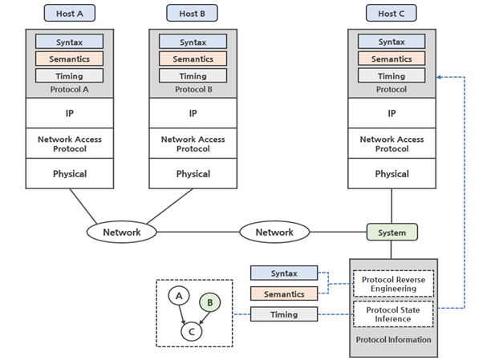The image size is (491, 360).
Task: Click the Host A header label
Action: (x=70, y=13)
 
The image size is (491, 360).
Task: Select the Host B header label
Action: (x=193, y=13)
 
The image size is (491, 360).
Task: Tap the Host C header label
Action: (x=392, y=13)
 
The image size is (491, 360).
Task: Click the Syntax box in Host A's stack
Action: (x=70, y=42)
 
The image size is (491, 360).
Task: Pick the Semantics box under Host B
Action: (x=193, y=59)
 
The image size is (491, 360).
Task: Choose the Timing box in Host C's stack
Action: (x=392, y=75)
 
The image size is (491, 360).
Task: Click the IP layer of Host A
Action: (x=70, y=114)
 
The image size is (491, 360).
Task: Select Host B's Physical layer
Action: (x=193, y=174)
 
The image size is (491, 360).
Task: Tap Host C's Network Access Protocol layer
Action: (x=392, y=144)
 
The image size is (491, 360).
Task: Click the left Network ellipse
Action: (x=122, y=233)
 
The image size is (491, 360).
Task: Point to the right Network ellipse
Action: (x=274, y=233)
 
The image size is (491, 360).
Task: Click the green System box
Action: (x=392, y=233)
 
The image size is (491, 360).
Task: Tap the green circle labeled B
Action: (x=209, y=302)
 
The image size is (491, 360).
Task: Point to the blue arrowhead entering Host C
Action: (x=440, y=77)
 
